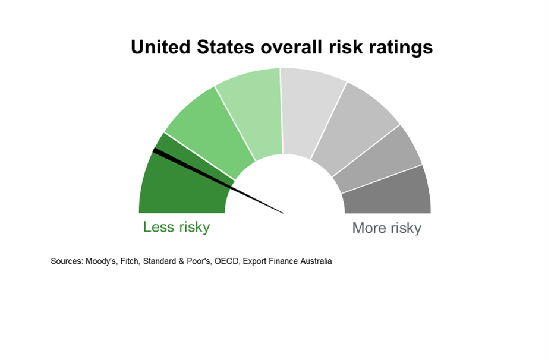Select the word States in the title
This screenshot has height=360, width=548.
point(225,47)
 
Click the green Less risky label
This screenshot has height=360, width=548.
point(177,227)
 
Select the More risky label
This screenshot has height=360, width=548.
point(386,228)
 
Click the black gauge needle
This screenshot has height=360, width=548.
point(218,181)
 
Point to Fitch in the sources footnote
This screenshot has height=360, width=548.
point(130,261)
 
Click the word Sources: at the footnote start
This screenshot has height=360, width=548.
point(67,261)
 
